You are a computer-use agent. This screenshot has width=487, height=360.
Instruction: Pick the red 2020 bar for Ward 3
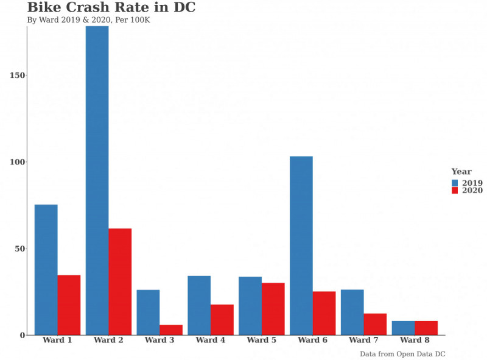tap(171, 330)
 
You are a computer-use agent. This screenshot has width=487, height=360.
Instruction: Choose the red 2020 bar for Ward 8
tap(426, 328)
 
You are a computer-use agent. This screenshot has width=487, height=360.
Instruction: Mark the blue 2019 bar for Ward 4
tap(199, 305)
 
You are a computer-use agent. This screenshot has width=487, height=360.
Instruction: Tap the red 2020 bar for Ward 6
tap(324, 313)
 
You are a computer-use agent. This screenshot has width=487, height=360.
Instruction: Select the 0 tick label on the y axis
tap(23, 335)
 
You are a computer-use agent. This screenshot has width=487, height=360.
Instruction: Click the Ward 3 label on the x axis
tap(159, 341)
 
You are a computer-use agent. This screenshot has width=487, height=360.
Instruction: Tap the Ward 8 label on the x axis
tap(415, 341)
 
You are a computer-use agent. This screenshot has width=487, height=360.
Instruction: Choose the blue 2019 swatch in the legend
tap(455, 183)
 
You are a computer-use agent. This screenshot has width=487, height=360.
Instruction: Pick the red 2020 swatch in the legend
tap(455, 191)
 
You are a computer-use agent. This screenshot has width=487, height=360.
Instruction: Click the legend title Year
tap(461, 172)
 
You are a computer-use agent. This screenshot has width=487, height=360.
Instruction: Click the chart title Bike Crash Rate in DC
tap(111, 8)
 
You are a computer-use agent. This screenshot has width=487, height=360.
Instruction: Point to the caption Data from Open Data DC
tap(402, 354)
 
